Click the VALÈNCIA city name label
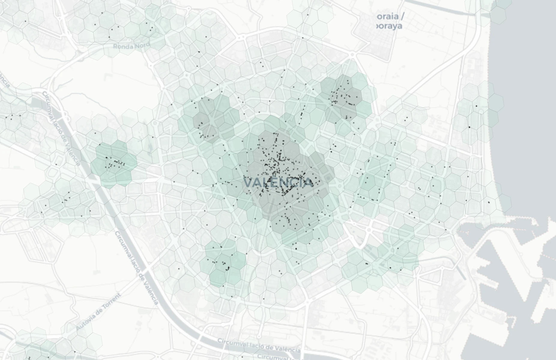coord(278,182)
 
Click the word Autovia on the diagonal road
coord(86,321)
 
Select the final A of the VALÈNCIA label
coord(308,182)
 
